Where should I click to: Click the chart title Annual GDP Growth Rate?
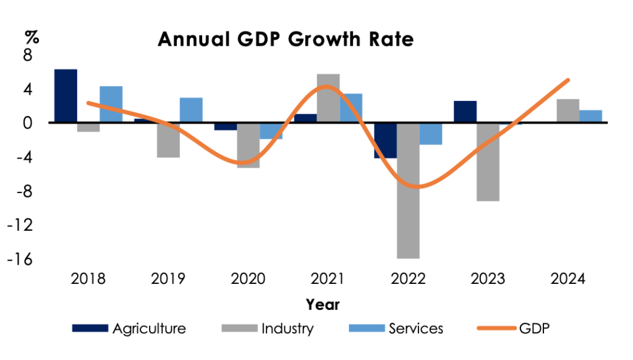click(x=286, y=40)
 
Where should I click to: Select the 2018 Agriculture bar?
click(x=66, y=96)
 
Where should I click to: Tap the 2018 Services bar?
click(x=111, y=104)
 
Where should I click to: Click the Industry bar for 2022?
click(x=409, y=191)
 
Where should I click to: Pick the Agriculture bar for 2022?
click(x=385, y=140)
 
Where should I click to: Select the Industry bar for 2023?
click(x=488, y=161)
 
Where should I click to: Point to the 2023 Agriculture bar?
click(x=465, y=112)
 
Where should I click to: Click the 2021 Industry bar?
click(x=328, y=98)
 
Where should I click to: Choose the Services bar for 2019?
click(x=191, y=110)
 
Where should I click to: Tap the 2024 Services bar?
click(x=590, y=116)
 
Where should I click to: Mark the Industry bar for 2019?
click(x=168, y=140)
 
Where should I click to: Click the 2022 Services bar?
click(x=431, y=134)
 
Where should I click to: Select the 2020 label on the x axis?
click(x=248, y=279)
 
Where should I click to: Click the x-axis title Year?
click(x=322, y=304)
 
